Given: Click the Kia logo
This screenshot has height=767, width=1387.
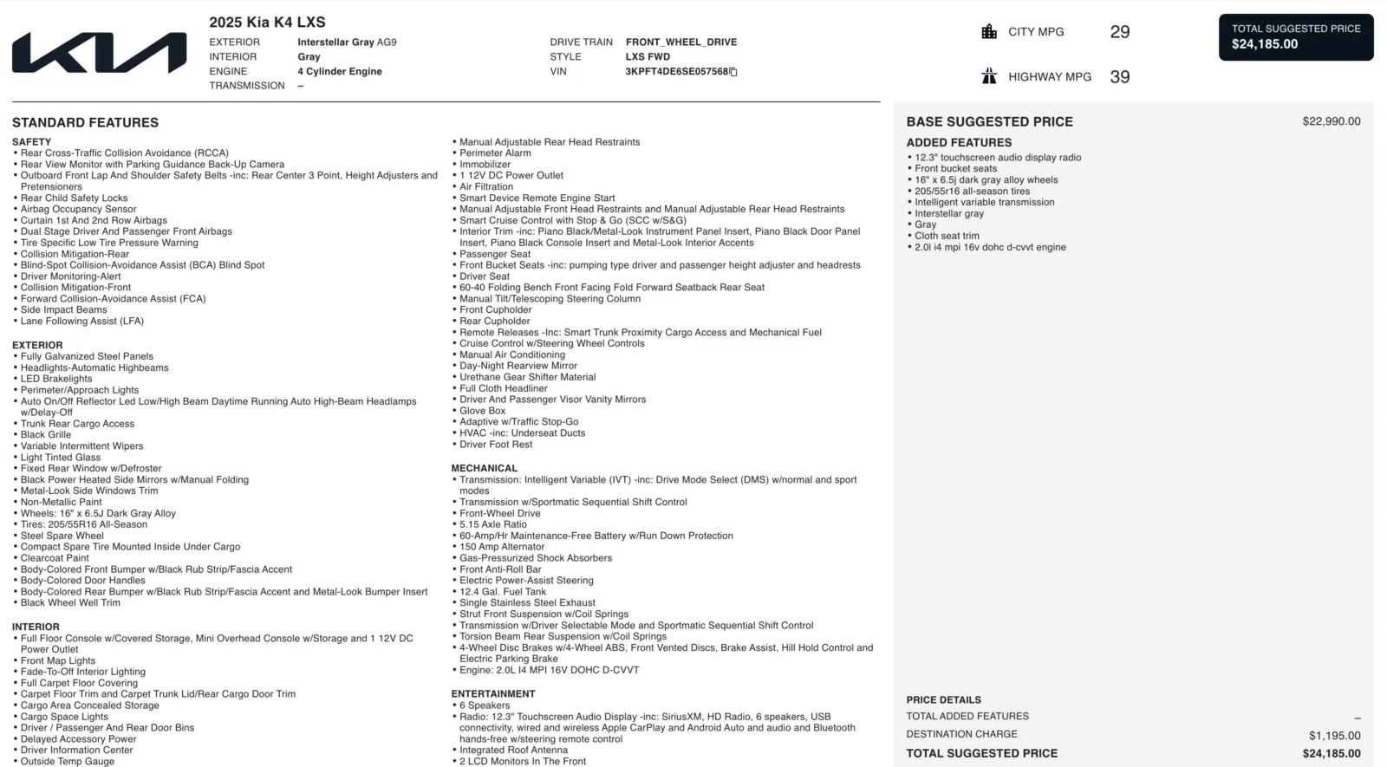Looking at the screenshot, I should (x=99, y=53).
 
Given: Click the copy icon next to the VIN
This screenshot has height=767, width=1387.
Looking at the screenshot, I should (x=733, y=72).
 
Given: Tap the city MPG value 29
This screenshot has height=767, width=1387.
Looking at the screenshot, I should (x=1119, y=32).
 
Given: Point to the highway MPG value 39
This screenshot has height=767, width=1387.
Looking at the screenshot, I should (x=1119, y=77).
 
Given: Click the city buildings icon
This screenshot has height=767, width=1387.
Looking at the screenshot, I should (x=989, y=32).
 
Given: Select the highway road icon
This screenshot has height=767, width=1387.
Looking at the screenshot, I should (x=989, y=76).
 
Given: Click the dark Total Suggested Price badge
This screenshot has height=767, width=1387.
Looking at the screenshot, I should (x=1295, y=37).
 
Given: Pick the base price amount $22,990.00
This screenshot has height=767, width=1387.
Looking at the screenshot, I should (x=1331, y=121).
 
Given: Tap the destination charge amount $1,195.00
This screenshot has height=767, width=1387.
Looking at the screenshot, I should (x=1334, y=736).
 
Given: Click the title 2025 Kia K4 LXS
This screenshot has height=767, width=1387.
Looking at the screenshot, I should (x=267, y=23).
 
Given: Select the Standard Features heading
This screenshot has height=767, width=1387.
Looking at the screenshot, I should (x=85, y=123).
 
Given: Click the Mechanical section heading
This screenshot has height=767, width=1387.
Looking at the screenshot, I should (x=484, y=468).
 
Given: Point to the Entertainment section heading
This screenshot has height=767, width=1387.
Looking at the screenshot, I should (x=492, y=694).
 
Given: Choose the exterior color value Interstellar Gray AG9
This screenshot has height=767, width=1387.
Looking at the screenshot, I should (x=347, y=42).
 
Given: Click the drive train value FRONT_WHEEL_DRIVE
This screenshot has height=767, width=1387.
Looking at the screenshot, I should (x=680, y=42).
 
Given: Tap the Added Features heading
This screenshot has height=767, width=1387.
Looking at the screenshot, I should (x=959, y=143).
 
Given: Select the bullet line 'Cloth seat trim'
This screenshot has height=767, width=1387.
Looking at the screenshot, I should (x=947, y=236).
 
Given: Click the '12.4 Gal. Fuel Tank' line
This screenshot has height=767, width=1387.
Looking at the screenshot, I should (x=502, y=592).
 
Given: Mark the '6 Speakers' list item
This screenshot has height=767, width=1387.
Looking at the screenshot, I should (x=485, y=705).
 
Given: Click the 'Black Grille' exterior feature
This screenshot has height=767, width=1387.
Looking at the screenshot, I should (x=46, y=435).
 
